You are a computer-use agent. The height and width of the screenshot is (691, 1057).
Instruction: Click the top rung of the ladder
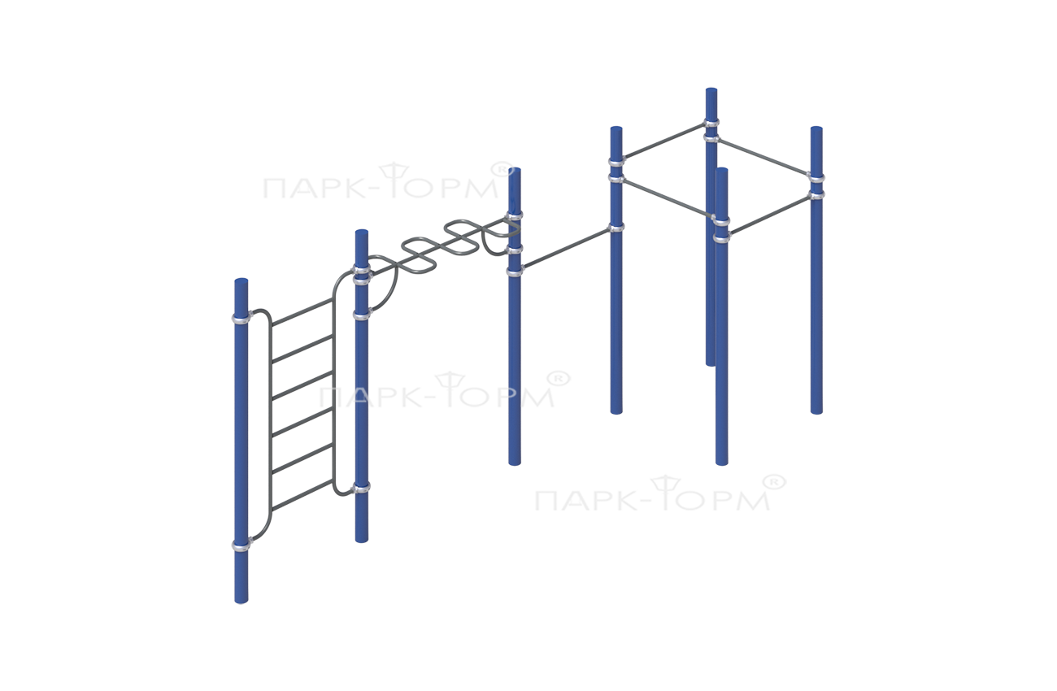302,311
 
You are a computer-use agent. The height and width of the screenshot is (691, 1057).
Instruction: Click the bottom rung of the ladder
302,495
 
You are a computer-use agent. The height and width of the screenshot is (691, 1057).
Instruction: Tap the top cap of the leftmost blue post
241,281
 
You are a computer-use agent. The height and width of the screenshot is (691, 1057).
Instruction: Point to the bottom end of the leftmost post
241,600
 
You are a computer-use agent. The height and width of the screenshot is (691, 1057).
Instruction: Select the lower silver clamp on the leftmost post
241,545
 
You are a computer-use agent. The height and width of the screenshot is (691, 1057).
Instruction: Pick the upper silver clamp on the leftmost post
241,318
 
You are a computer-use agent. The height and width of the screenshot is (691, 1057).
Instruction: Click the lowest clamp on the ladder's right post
362,487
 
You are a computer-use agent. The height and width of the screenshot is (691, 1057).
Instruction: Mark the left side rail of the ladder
270,427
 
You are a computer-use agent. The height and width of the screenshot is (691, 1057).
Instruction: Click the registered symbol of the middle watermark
559,378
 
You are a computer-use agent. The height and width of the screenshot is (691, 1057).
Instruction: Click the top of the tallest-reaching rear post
711,90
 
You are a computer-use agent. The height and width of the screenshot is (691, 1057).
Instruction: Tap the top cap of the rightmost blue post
817,129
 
